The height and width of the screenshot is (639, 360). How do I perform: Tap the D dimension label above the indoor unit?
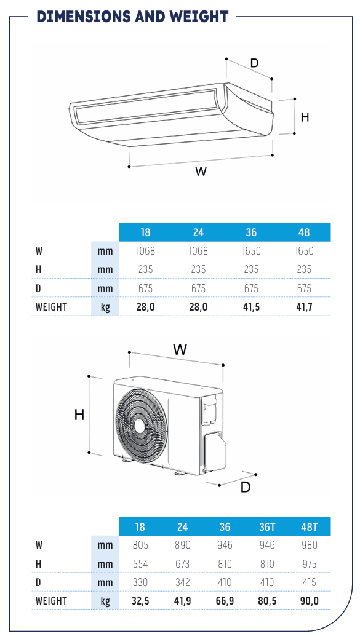(254, 63)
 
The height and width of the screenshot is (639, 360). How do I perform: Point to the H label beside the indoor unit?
(305, 117)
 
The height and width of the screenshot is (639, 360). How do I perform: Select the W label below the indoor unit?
(201, 172)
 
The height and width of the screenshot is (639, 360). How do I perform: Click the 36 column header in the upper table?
(251, 232)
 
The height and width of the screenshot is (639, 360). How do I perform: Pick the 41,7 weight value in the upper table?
(304, 307)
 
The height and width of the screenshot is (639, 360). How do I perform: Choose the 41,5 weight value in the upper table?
(251, 307)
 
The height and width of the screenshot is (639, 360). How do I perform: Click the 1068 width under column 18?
(145, 251)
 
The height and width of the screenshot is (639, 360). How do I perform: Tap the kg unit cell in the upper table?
(105, 307)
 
